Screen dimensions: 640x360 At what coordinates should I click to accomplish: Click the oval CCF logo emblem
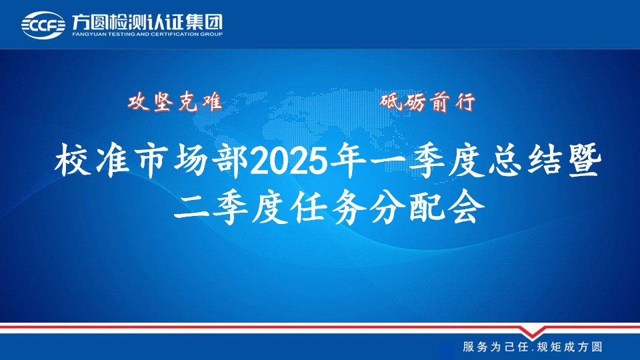click(43, 25)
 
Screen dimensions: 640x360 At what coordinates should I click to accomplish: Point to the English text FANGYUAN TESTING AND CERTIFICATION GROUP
click(147, 34)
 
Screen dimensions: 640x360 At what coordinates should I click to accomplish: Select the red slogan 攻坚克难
click(175, 101)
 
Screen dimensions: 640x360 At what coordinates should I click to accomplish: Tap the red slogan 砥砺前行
click(428, 101)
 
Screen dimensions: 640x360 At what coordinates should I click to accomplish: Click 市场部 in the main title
click(191, 161)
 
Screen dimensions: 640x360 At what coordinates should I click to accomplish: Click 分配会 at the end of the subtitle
click(427, 209)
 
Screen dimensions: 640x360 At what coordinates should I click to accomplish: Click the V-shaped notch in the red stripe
click(532, 332)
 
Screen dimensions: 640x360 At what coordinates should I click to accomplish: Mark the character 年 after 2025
click(349, 161)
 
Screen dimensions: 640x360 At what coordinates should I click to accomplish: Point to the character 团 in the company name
click(215, 22)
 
